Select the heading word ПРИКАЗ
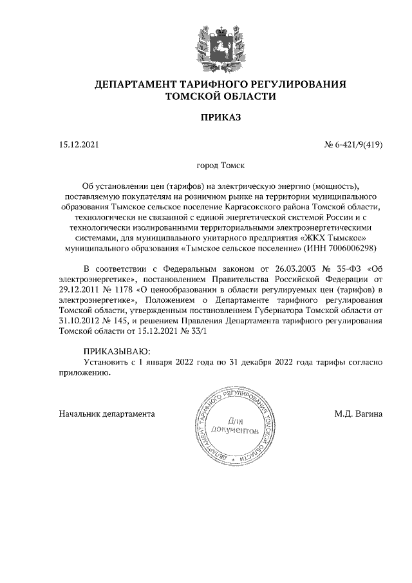click(x=221, y=118)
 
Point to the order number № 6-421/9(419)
click(x=353, y=145)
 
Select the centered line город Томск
click(x=220, y=166)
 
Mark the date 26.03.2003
click(x=297, y=269)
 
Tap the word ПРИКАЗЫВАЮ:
click(x=116, y=351)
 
